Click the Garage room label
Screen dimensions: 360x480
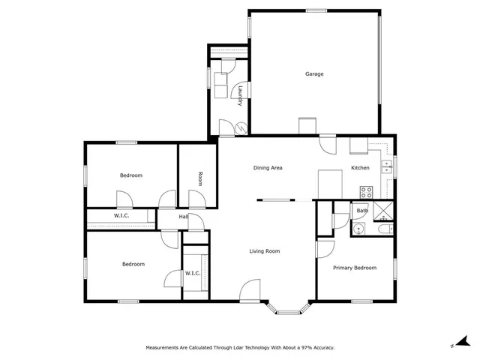click(x=314, y=73)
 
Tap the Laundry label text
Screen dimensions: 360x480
click(x=239, y=95)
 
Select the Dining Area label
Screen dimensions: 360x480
click(x=267, y=168)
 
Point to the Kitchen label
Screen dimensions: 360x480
click(x=361, y=168)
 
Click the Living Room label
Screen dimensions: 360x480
click(x=264, y=251)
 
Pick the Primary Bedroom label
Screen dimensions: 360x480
click(x=355, y=268)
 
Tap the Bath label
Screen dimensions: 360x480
click(x=362, y=211)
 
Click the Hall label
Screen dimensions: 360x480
click(x=183, y=217)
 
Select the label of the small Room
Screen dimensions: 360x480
click(x=200, y=178)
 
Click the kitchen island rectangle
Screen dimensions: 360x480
click(x=330, y=183)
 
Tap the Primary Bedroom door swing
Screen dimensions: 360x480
click(x=325, y=249)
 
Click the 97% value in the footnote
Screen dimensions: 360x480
click(x=303, y=348)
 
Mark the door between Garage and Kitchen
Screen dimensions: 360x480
click(x=328, y=143)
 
